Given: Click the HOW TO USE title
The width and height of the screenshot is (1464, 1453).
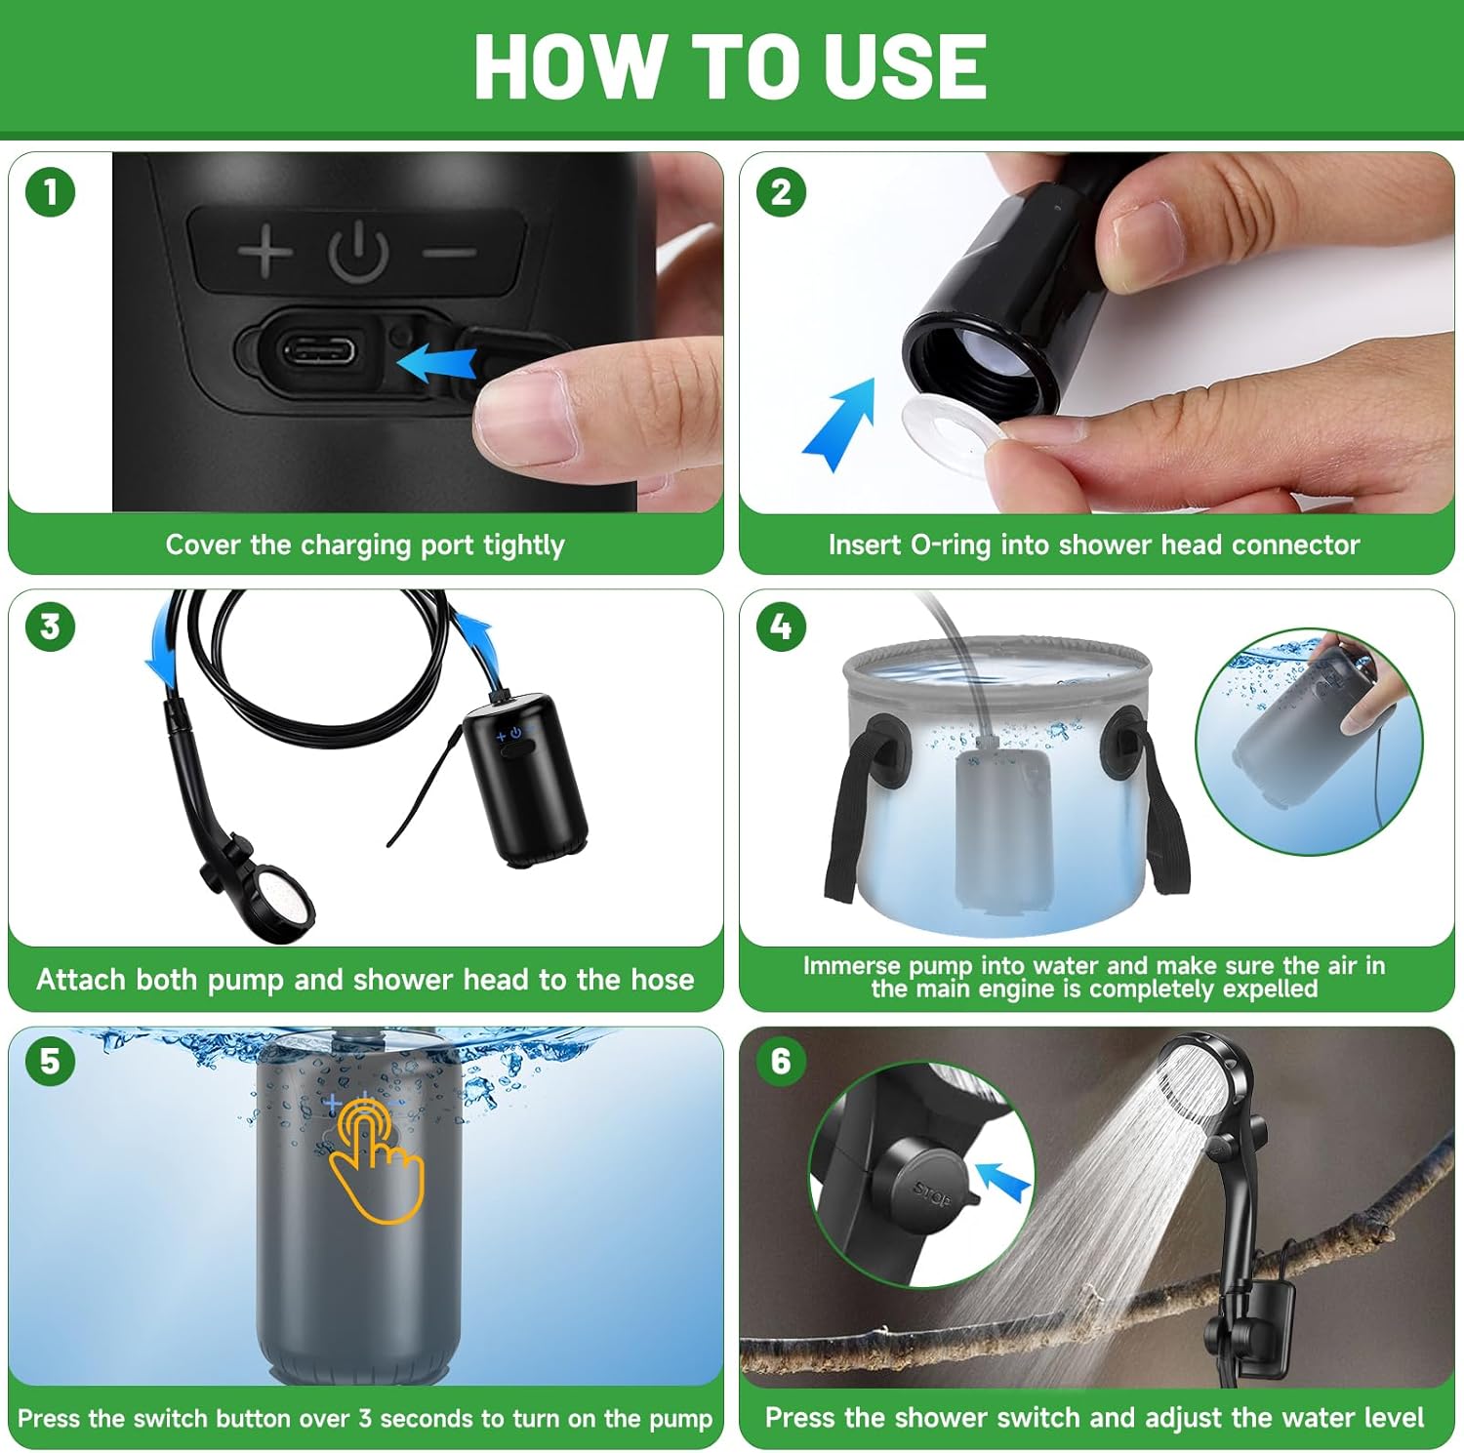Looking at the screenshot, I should pyautogui.click(x=730, y=66).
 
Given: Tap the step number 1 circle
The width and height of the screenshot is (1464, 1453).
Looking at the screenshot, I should pyautogui.click(x=51, y=192).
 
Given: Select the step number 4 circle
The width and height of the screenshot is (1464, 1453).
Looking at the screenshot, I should pyautogui.click(x=781, y=626).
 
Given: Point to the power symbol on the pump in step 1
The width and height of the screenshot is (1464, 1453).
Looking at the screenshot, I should pyautogui.click(x=358, y=252).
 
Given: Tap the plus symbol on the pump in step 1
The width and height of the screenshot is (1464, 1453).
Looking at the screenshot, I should pyautogui.click(x=264, y=251).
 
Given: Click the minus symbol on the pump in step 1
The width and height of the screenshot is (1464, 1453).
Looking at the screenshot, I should pyautogui.click(x=450, y=253).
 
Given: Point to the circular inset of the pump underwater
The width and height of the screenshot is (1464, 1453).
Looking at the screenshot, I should pyautogui.click(x=1309, y=742).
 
